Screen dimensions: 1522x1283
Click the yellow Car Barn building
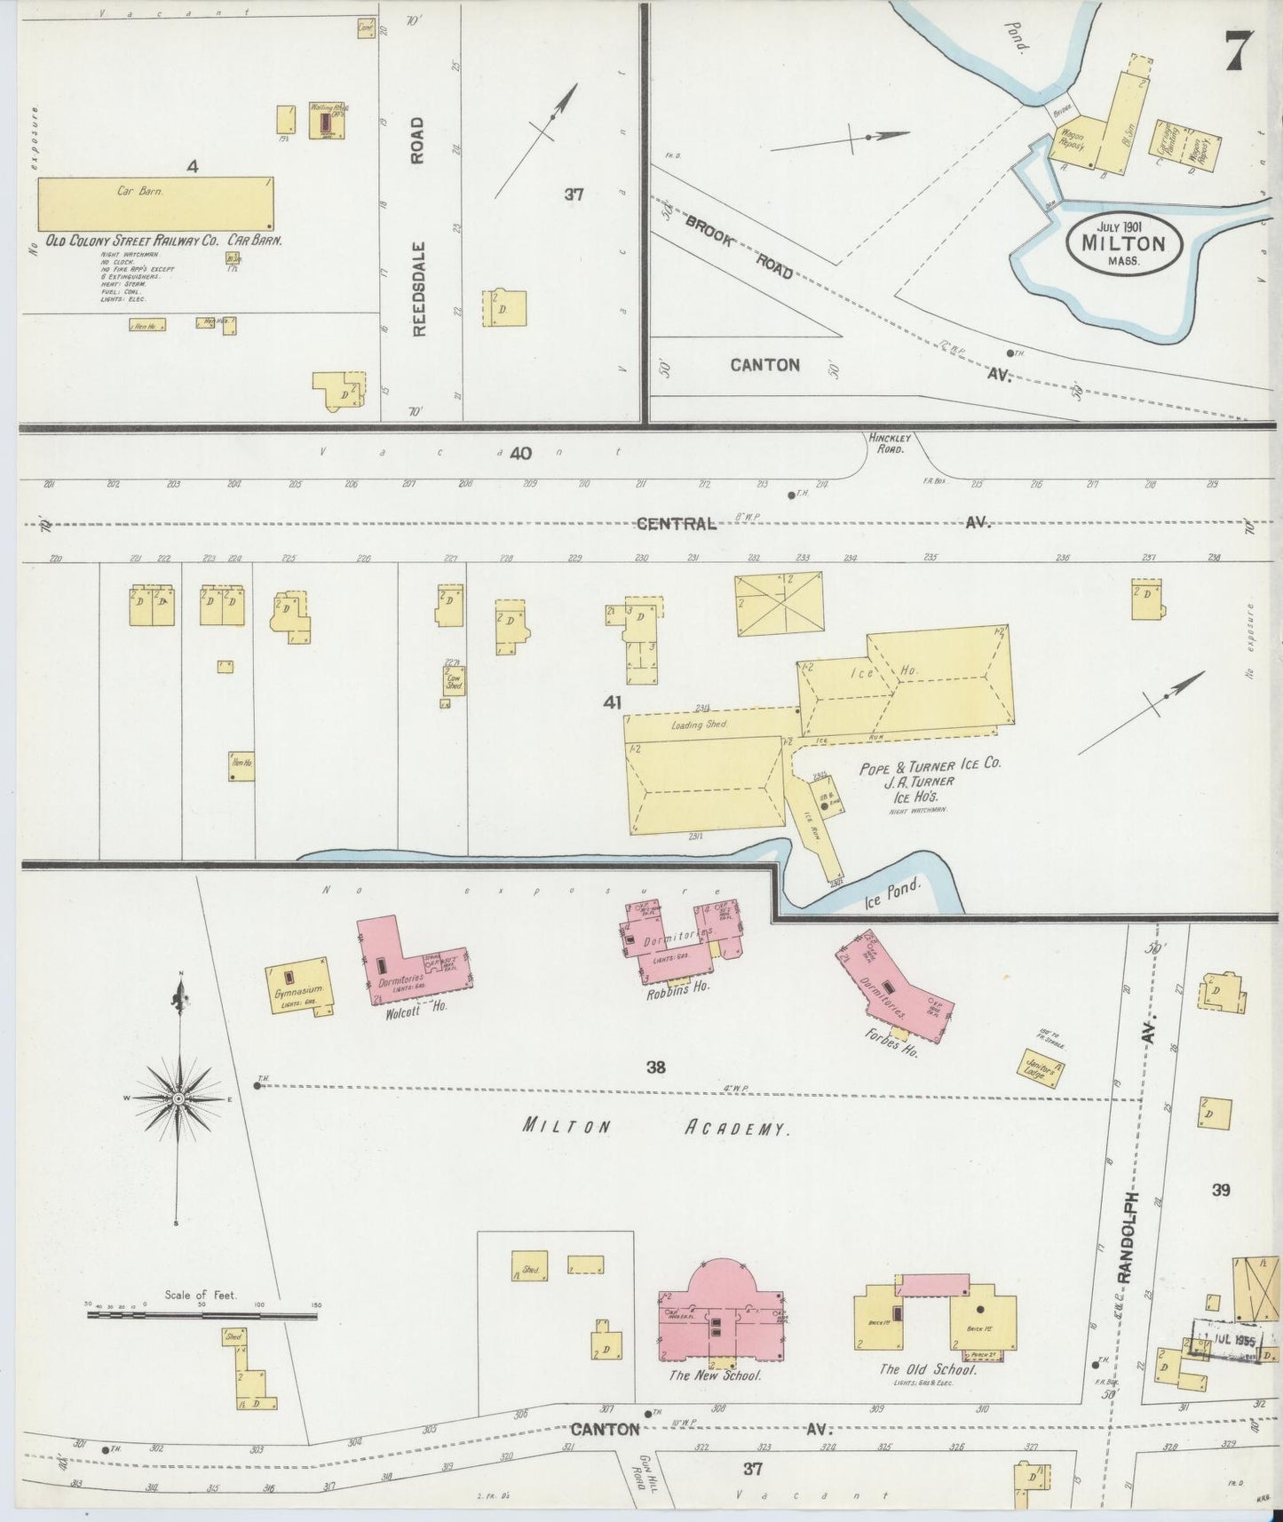pyautogui.click(x=155, y=203)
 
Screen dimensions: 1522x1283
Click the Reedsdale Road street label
pyautogui.click(x=418, y=226)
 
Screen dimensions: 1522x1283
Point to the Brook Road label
pyautogui.click(x=740, y=251)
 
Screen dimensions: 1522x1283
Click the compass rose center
pyautogui.click(x=179, y=1099)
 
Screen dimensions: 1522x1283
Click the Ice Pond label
pyautogui.click(x=893, y=893)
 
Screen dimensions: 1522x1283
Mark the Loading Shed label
pyautogui.click(x=700, y=725)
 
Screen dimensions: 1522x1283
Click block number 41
pyautogui.click(x=612, y=702)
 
